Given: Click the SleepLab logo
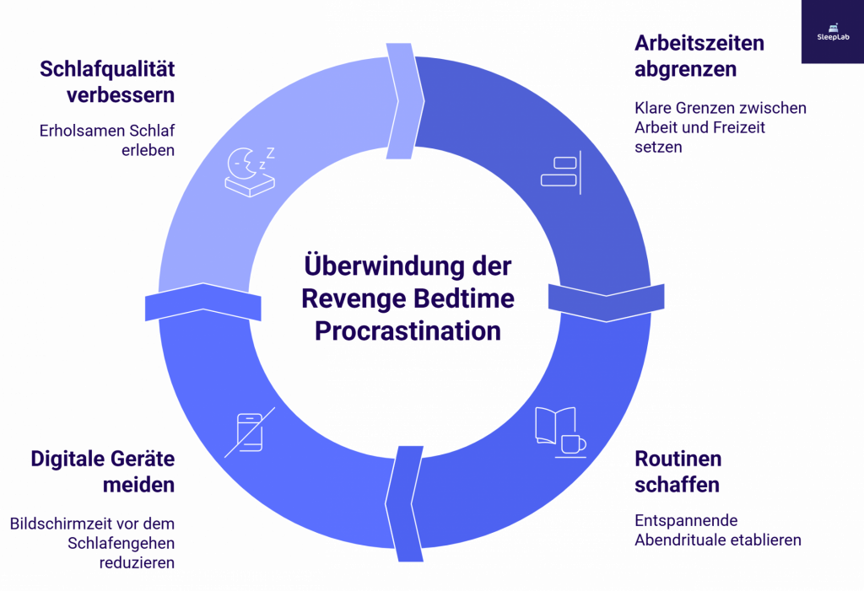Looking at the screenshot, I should pos(831,31).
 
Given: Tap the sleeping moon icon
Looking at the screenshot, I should pos(249,171).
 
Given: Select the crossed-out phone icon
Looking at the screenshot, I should pos(248,433).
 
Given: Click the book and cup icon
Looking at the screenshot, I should pos(559,432).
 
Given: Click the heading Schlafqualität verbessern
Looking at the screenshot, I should pos(107,82).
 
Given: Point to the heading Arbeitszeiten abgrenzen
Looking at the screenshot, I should pos(699,56).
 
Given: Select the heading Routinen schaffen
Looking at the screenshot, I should pos(678,472).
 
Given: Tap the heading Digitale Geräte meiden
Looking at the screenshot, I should pos(103,472).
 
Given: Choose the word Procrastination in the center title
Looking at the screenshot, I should pos(408,330).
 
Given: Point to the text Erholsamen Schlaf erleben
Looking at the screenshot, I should pos(107,141).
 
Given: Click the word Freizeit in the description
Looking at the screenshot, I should pos(756,127).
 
